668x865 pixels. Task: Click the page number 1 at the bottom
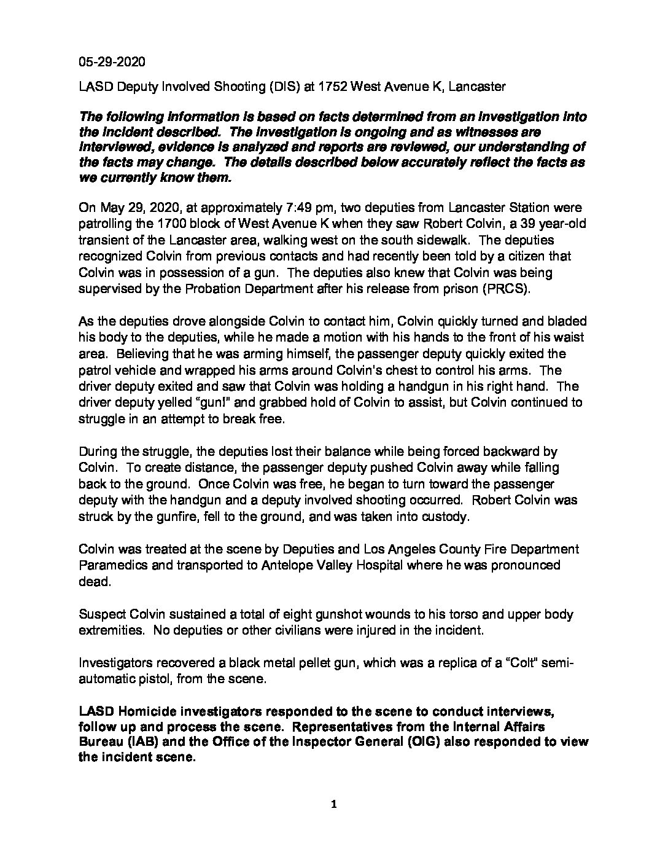(x=334, y=805)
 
